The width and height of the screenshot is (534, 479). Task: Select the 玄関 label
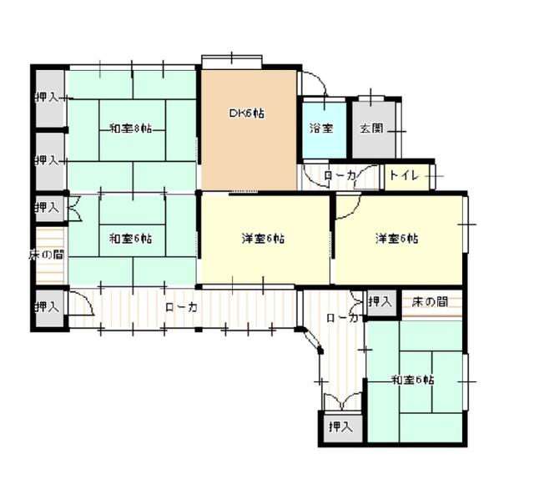[371, 129]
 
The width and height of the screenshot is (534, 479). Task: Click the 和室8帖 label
[130, 129]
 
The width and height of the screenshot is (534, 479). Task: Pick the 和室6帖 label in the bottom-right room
[412, 380]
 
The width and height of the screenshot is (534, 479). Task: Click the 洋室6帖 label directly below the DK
[263, 239]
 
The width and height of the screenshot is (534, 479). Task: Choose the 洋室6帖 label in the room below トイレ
[396, 239]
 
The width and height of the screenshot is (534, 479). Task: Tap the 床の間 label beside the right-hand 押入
[431, 300]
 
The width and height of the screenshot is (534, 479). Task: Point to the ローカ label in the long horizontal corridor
[181, 308]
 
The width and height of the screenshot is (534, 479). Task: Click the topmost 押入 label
[47, 98]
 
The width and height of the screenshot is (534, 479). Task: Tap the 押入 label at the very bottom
[340, 427]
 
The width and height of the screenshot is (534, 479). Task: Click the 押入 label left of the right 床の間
[380, 300]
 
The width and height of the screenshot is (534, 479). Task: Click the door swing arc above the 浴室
[314, 83]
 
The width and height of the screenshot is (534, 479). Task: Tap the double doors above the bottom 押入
[340, 400]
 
